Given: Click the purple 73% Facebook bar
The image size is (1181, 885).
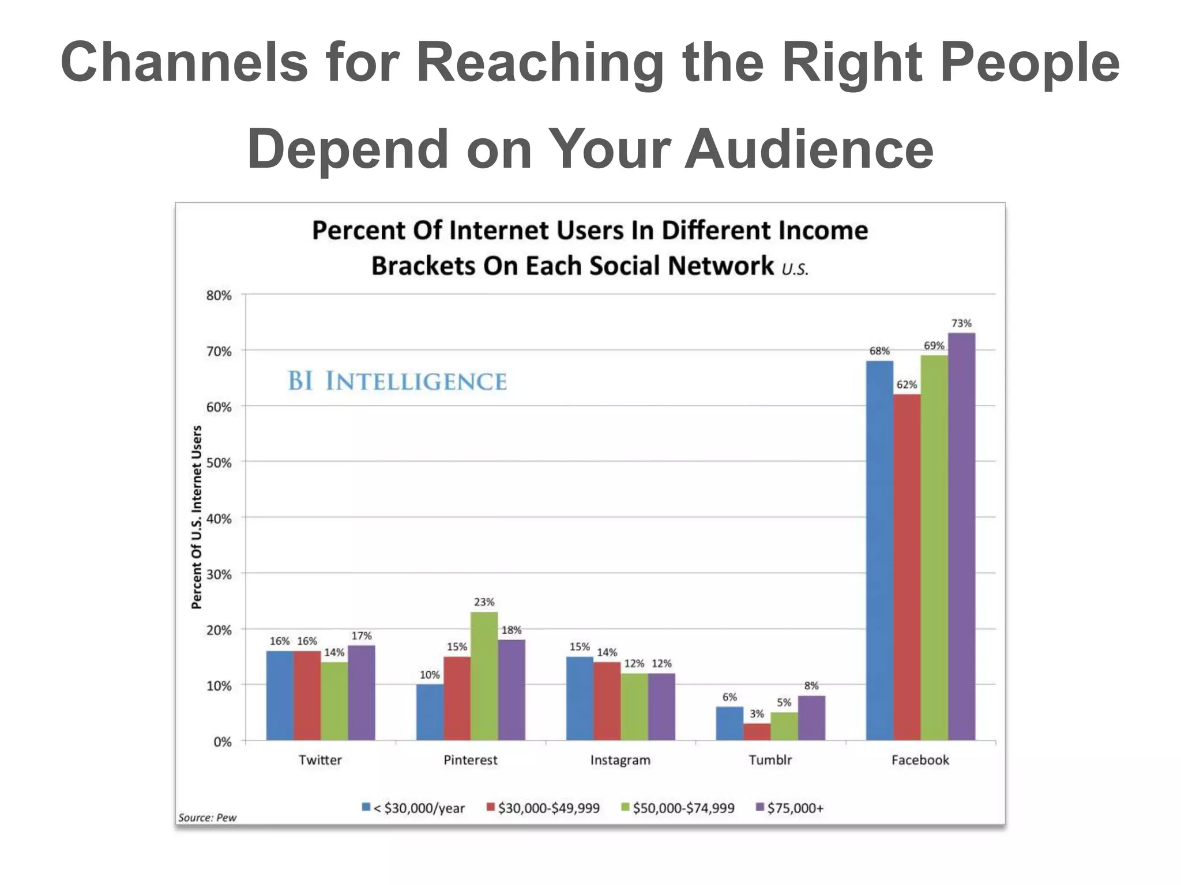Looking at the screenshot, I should tap(961, 536).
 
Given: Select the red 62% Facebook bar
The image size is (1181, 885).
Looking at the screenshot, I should tap(907, 567).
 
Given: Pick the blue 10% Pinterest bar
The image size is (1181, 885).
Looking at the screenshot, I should tap(430, 712).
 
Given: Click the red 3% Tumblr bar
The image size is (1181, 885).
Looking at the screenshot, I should tap(757, 732).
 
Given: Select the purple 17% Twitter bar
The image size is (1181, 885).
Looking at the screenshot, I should tap(362, 693).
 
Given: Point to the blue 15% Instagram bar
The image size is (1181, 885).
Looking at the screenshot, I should tap(580, 698).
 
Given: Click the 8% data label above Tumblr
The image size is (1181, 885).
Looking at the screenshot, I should tap(811, 686).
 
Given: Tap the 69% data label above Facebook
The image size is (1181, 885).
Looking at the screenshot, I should tap(934, 346).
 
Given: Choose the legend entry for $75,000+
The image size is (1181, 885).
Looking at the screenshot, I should tap(790, 808).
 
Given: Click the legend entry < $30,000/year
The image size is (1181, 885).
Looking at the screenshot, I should tap(413, 808).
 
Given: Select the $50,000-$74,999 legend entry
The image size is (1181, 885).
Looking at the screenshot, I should tap(678, 808).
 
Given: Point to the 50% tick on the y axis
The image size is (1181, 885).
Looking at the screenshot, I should tap(219, 463).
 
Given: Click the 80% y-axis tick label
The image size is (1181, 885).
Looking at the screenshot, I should tap(219, 296).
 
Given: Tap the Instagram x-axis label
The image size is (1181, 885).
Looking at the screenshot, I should tap(620, 760).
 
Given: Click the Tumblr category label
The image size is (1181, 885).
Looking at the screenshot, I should tap(770, 760).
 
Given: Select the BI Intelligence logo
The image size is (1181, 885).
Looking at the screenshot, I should tap(397, 381).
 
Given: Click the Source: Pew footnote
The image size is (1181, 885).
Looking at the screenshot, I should tap(207, 818).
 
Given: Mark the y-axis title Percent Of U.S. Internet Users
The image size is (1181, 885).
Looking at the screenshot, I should tap(197, 517).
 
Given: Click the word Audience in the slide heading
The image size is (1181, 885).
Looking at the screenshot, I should tap(808, 149).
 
